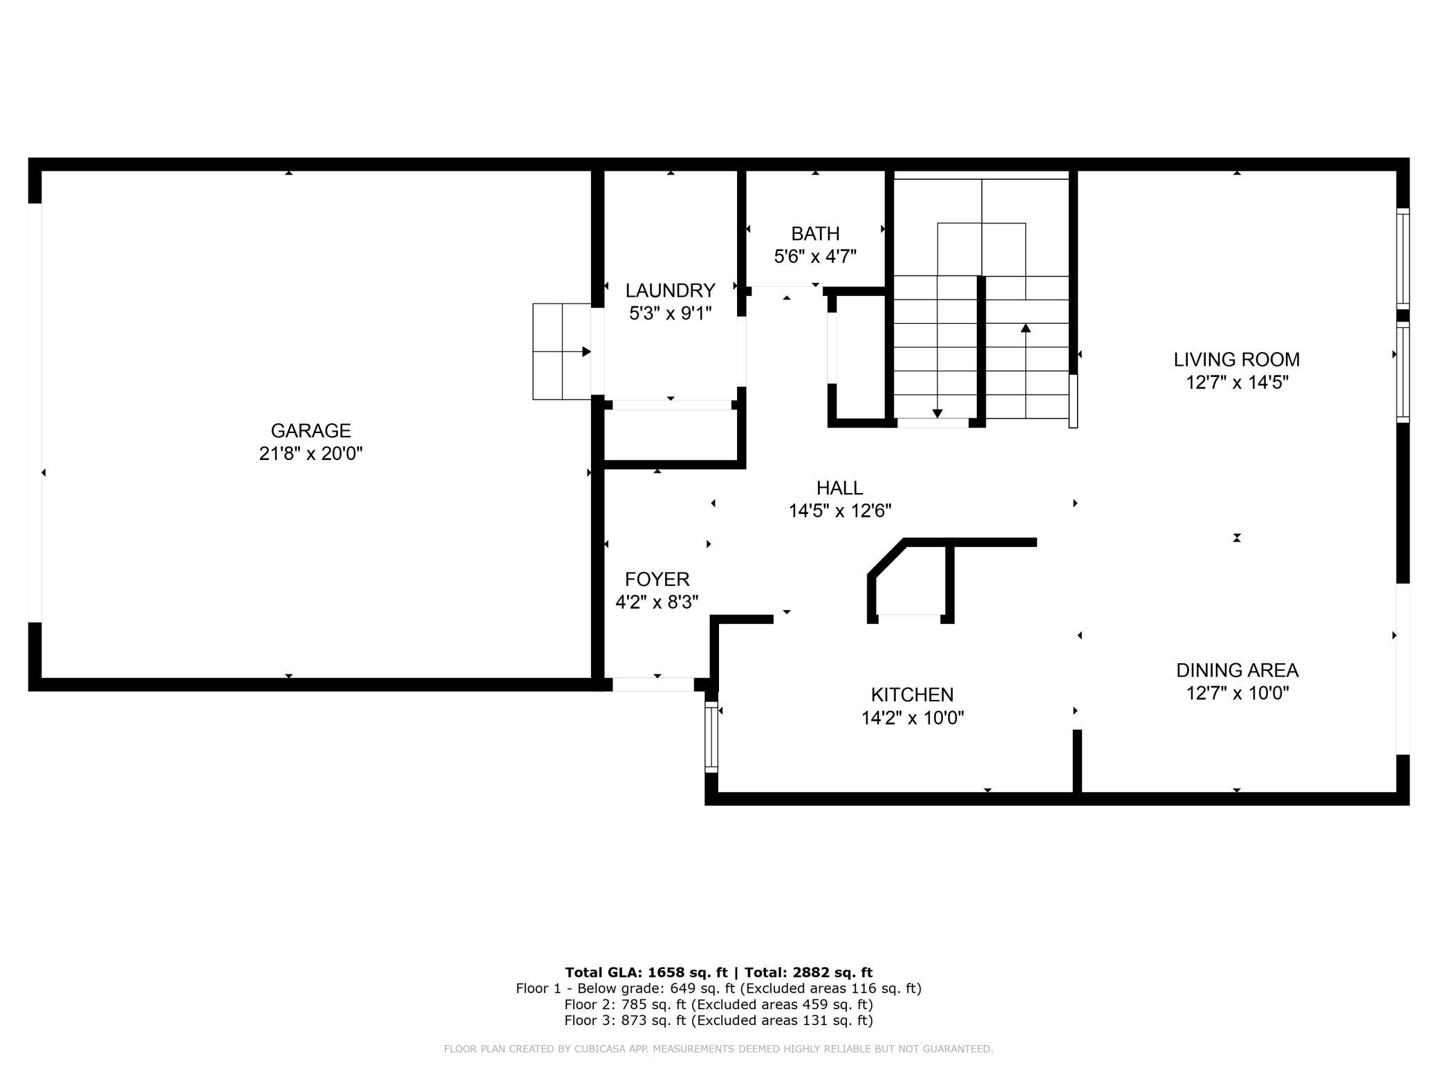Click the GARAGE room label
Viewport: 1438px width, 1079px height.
pyautogui.click(x=310, y=431)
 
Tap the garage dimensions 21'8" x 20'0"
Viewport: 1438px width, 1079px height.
pyautogui.click(x=310, y=454)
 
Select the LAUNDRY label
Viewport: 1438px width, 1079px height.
pyautogui.click(x=670, y=290)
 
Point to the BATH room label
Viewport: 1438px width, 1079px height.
pyautogui.click(x=815, y=234)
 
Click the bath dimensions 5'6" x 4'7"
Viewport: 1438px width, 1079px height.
pyautogui.click(x=815, y=257)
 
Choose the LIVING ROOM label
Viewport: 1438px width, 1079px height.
pyautogui.click(x=1236, y=360)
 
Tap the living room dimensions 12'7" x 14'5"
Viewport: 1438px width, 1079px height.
pyautogui.click(x=1236, y=382)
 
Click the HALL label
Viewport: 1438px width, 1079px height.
pyautogui.click(x=839, y=488)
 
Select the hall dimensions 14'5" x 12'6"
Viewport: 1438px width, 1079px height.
pyautogui.click(x=839, y=511)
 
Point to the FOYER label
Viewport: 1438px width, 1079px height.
pyautogui.click(x=657, y=580)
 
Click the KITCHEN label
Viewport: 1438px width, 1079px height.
pyautogui.click(x=912, y=694)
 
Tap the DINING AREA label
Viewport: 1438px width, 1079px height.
pyautogui.click(x=1237, y=670)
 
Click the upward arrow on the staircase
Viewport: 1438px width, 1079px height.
pyautogui.click(x=1025, y=371)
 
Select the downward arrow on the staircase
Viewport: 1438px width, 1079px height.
pyautogui.click(x=937, y=347)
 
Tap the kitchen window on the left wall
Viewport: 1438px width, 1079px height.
pyautogui.click(x=711, y=736)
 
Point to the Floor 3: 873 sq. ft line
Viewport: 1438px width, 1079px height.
pyautogui.click(x=718, y=1020)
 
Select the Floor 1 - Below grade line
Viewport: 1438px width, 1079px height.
pyautogui.click(x=718, y=988)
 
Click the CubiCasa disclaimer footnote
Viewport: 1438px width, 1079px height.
pyautogui.click(x=718, y=1049)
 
